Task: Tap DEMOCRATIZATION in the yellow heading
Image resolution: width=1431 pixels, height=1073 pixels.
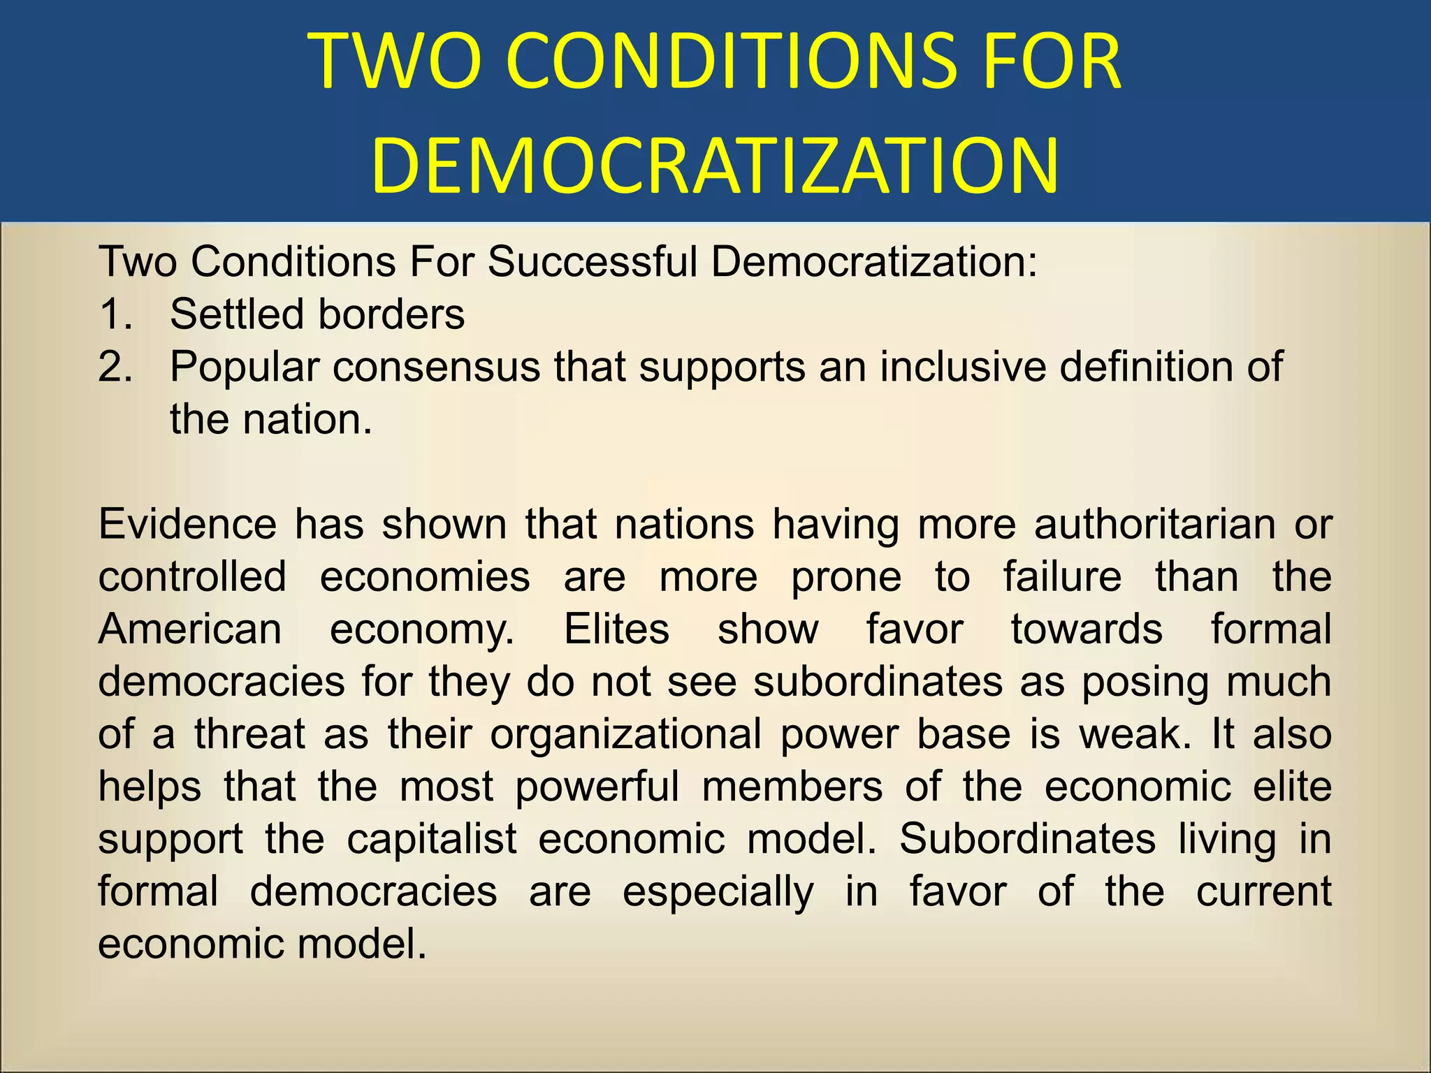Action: click(714, 166)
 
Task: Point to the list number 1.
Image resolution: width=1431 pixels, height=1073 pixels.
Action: click(115, 314)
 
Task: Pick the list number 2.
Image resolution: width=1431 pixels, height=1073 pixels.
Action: click(115, 367)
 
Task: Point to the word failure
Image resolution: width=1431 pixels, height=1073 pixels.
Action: click(1062, 577)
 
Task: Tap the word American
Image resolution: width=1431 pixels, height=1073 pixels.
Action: click(190, 629)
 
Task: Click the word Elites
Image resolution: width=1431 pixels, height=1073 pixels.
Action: click(616, 629)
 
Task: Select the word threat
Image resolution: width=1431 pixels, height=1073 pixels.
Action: click(250, 734)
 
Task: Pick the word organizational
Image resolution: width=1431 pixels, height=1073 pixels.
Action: click(626, 736)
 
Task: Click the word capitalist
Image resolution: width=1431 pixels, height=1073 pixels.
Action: click(432, 839)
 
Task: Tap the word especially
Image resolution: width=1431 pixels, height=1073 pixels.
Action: click(718, 893)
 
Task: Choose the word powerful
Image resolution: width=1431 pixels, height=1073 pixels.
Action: click(597, 787)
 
